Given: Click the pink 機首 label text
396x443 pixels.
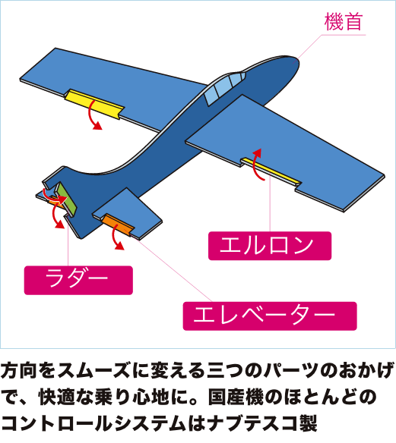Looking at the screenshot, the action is click(344, 21).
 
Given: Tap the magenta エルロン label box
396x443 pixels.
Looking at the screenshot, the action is click(270, 246).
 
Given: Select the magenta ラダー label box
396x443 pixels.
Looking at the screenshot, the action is click(78, 280).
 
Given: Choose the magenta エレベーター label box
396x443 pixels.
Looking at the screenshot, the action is click(270, 316).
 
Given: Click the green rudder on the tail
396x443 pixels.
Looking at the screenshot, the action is click(66, 200).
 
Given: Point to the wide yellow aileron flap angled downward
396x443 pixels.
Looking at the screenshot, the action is click(94, 104).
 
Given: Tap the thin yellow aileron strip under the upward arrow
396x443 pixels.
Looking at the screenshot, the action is click(271, 171).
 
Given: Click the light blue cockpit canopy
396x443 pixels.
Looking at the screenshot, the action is click(224, 87).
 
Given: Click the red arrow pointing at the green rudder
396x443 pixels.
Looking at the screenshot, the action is click(52, 196).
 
